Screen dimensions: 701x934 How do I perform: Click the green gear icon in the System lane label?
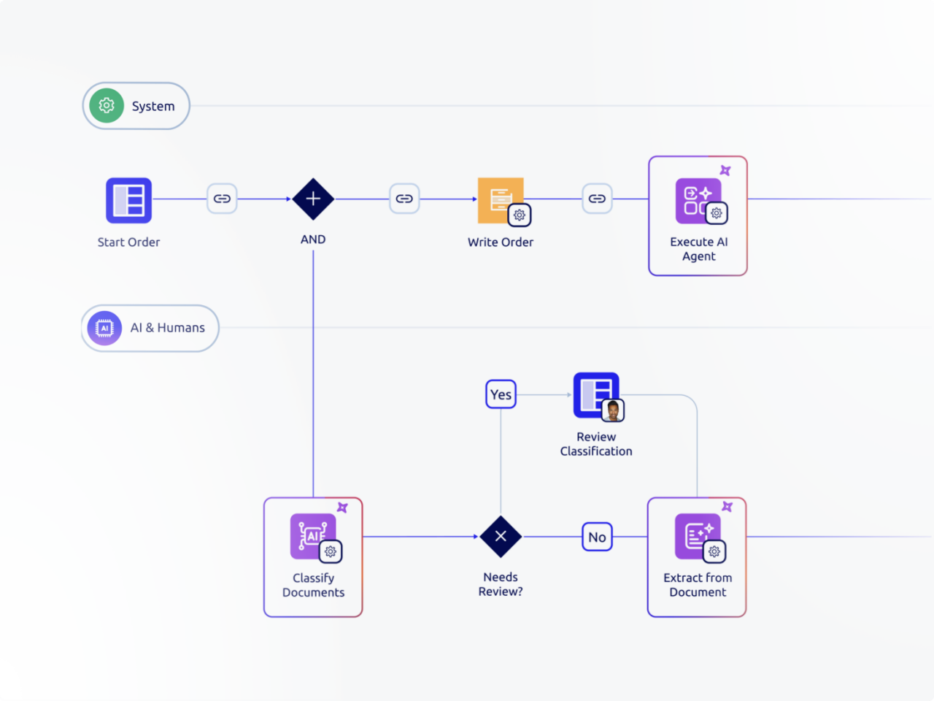[x=107, y=106]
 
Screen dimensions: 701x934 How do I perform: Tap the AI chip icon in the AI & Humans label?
[x=104, y=328]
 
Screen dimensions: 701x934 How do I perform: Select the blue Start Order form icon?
[x=128, y=200]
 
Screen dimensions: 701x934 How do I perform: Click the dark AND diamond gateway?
[x=313, y=199]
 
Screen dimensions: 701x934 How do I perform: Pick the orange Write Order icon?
[x=498, y=199]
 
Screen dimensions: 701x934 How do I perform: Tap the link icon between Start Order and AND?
[x=222, y=199]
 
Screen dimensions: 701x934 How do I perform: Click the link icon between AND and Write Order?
[x=404, y=199]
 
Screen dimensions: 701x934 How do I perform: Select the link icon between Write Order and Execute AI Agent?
[x=597, y=199]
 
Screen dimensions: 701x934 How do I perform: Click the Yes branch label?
[x=501, y=394]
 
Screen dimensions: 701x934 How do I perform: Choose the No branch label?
[x=597, y=537]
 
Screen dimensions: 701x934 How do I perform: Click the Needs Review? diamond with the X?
[x=501, y=537]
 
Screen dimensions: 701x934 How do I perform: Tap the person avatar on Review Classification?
[x=613, y=410]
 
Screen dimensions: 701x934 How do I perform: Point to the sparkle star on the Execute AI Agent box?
[x=725, y=170]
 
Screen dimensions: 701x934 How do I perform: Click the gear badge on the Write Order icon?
[x=520, y=215]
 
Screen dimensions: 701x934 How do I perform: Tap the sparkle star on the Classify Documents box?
[x=342, y=507]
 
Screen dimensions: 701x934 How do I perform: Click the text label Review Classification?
[x=596, y=444]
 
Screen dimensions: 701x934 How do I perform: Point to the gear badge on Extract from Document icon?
[x=714, y=552]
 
